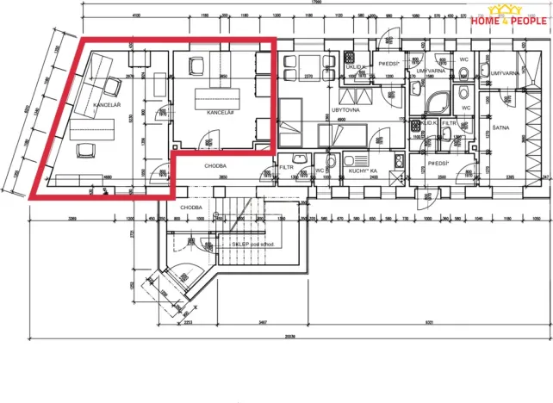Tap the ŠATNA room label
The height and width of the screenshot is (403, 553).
tap(500, 127)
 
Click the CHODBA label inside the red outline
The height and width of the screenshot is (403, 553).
tap(214, 165)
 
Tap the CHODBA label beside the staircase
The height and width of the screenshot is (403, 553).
tap(190, 208)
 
